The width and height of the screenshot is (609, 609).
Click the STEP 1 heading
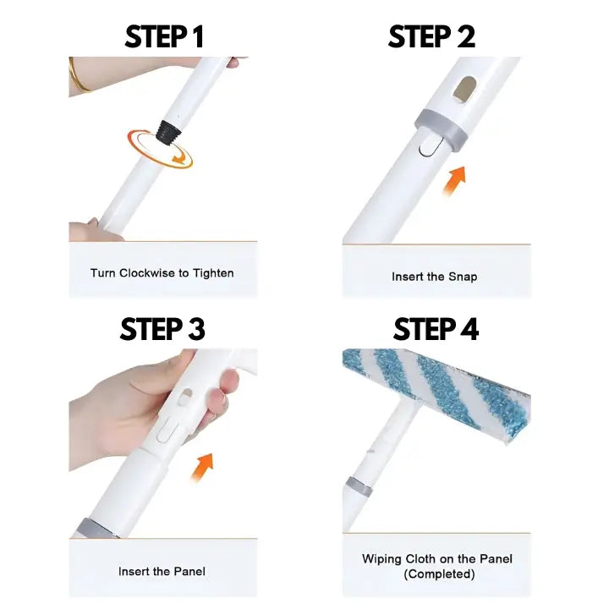[164, 37]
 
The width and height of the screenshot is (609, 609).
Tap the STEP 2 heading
[431, 37]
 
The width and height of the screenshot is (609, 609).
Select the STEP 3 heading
[162, 329]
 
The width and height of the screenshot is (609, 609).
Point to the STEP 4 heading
[436, 329]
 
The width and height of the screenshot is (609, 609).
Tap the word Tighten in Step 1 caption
[214, 273]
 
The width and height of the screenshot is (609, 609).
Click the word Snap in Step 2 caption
[463, 277]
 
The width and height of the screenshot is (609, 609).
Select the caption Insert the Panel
[162, 571]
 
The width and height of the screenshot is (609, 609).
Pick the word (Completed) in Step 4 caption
[439, 574]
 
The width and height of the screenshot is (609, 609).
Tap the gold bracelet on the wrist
[77, 76]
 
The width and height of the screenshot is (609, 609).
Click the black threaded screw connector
[169, 133]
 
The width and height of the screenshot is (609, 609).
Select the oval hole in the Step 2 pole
[464, 90]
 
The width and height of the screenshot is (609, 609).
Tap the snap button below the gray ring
[430, 145]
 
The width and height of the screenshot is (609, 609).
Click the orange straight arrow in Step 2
[454, 181]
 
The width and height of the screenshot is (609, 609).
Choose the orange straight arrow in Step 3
[202, 467]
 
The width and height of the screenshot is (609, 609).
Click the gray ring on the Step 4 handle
[358, 487]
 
